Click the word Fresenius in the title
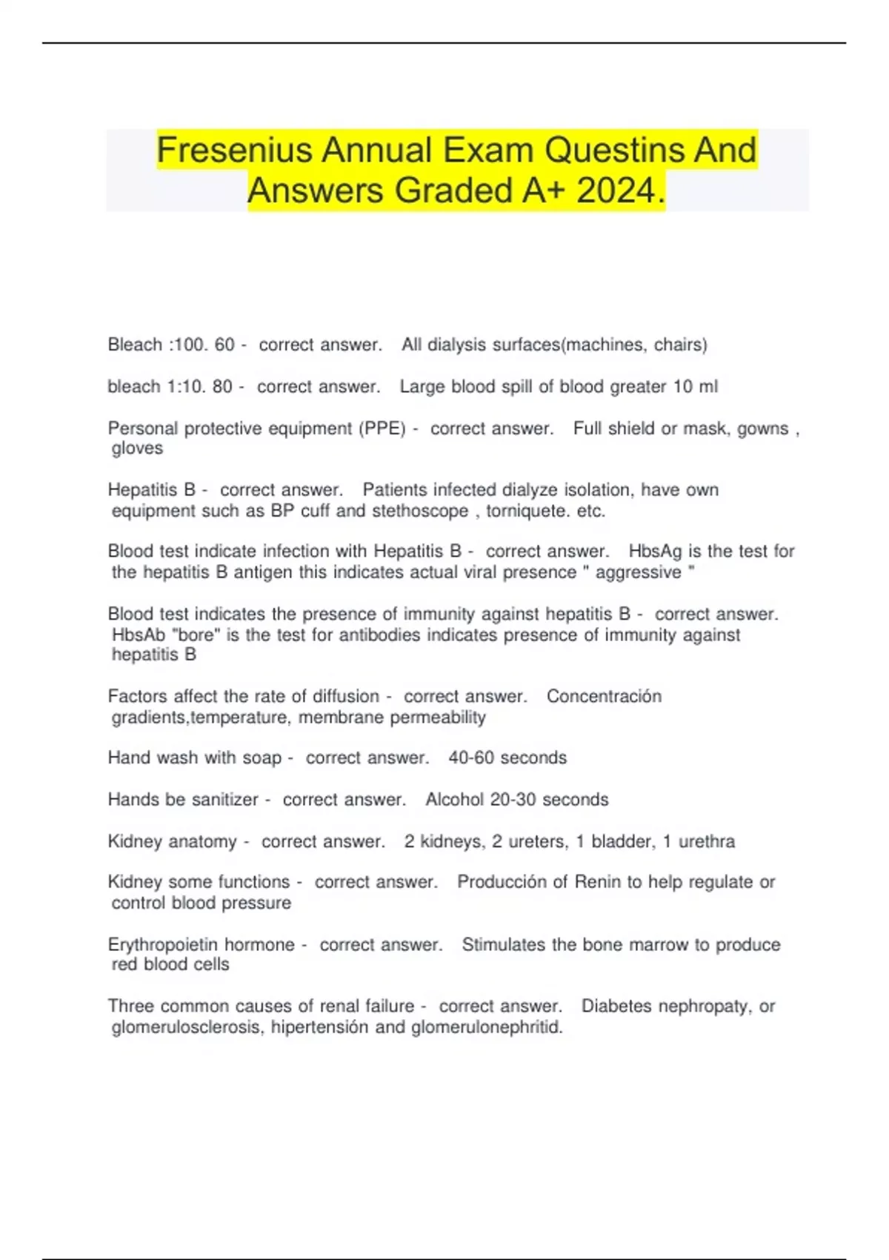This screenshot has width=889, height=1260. (234, 150)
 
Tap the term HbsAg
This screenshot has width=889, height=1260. (655, 551)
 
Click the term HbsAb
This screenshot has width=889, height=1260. (138, 635)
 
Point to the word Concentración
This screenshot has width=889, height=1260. (604, 697)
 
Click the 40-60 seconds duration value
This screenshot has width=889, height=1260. (507, 758)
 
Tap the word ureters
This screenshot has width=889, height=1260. (537, 842)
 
